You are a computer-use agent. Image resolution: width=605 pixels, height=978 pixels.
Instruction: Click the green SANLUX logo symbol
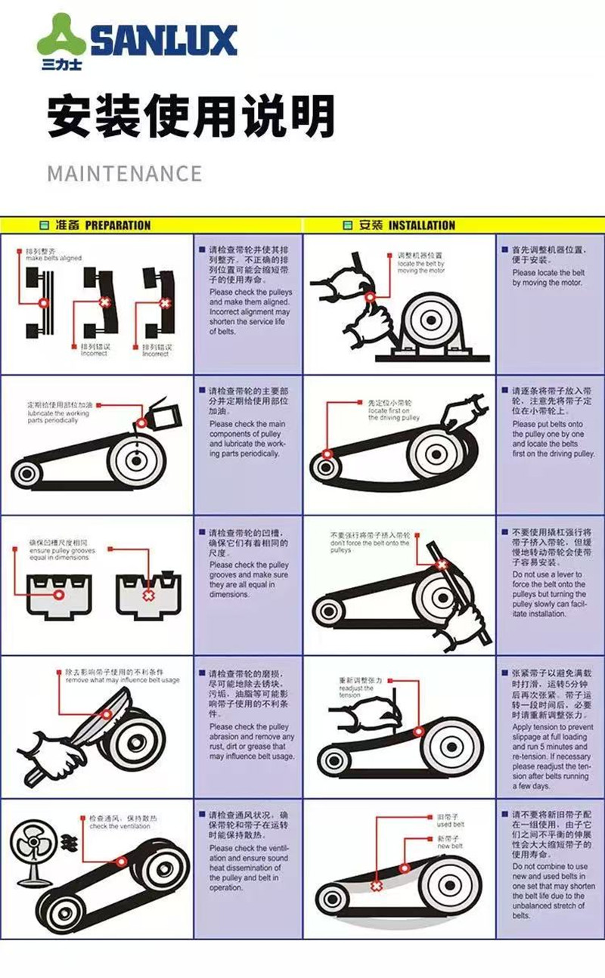click(x=60, y=38)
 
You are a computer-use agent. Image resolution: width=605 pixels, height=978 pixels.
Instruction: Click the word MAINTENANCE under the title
click(x=124, y=173)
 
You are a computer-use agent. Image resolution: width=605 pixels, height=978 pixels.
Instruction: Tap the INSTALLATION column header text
click(x=421, y=225)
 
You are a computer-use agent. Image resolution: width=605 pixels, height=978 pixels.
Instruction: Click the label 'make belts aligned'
click(x=53, y=258)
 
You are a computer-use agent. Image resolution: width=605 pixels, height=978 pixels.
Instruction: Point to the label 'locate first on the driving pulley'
click(x=393, y=413)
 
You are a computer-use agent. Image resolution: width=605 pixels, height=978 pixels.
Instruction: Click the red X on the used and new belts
click(x=377, y=884)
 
